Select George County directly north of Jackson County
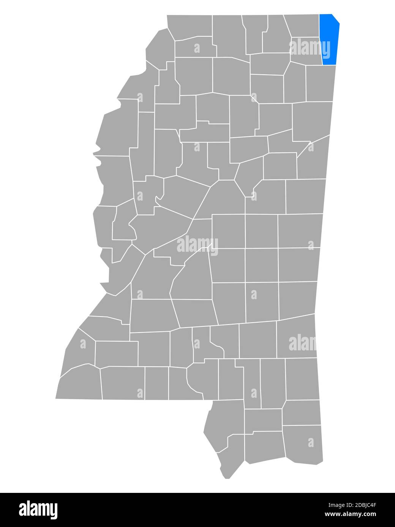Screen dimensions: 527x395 pyautogui.click(x=302, y=412)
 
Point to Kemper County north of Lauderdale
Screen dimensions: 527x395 pyautogui.click(x=300, y=231)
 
